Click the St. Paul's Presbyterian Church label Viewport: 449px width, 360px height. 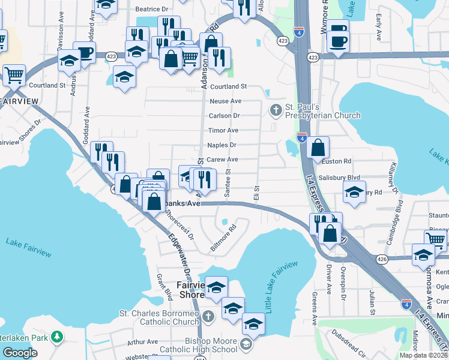(x=322, y=111)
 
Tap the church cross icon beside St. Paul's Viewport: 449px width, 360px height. (x=276, y=109)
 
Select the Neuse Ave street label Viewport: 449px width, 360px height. (x=226, y=101)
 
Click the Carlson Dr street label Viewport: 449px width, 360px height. (x=224, y=115)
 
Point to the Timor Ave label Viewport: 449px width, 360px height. (x=223, y=130)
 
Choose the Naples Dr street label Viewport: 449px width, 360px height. (x=221, y=145)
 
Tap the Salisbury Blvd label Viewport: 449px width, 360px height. (x=339, y=178)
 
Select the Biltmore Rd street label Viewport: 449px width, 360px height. (x=222, y=238)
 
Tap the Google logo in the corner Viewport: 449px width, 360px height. (x=20, y=352)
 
